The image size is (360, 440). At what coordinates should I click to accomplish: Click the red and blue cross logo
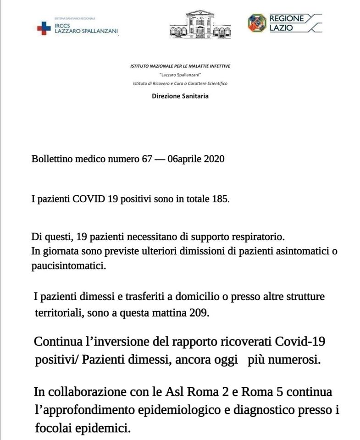click(x=44, y=28)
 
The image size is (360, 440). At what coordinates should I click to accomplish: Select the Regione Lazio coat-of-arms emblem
click(x=256, y=23)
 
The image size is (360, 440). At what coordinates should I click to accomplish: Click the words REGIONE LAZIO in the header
click(x=287, y=23)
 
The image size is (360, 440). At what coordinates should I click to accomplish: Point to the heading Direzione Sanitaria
click(x=180, y=96)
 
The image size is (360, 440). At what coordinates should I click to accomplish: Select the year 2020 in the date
click(x=214, y=159)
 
